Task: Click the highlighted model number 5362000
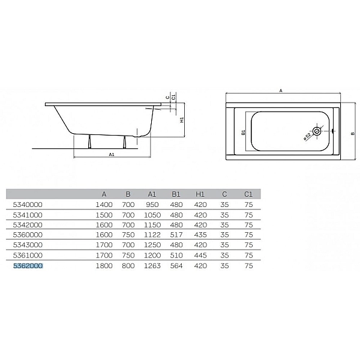click(28, 266)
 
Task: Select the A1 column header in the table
click(152, 194)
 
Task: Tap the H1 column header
click(200, 194)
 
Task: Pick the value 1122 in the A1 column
click(152, 235)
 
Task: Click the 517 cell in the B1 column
click(176, 235)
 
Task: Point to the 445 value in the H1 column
click(200, 255)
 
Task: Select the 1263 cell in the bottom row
click(152, 266)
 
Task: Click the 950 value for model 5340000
click(152, 205)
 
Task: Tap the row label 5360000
click(28, 235)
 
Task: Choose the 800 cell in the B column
click(128, 266)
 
